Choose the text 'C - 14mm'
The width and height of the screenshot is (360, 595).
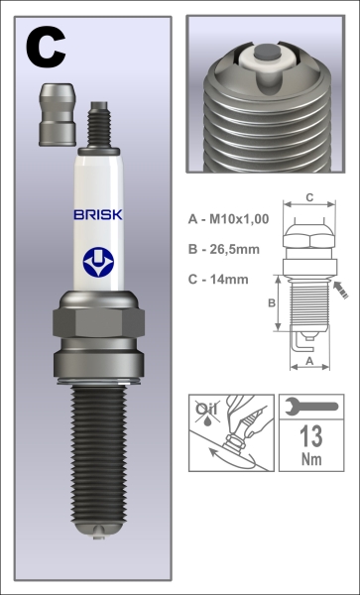(224, 281)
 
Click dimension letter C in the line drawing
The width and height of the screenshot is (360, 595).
(308, 196)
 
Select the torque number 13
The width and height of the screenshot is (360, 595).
(307, 435)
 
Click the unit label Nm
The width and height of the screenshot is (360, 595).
(307, 461)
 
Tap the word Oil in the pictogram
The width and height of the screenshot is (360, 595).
(207, 407)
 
